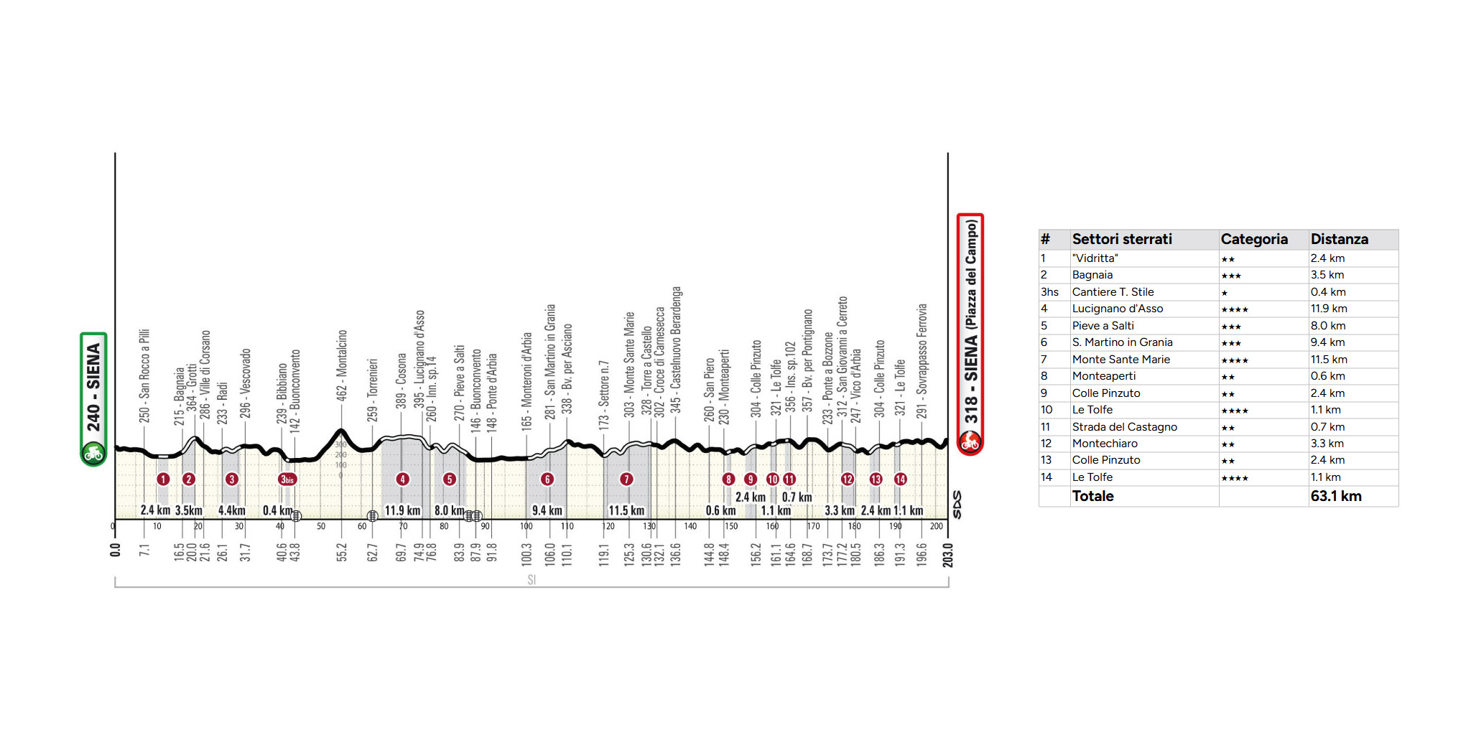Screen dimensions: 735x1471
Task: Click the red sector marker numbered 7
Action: click(x=626, y=479)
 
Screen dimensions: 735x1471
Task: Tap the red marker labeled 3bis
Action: click(x=287, y=479)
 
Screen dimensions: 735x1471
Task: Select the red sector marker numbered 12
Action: click(x=848, y=479)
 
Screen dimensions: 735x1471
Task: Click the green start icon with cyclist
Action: click(x=93, y=453)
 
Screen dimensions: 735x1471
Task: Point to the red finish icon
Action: click(x=970, y=441)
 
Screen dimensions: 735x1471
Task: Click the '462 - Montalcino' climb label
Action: click(x=342, y=365)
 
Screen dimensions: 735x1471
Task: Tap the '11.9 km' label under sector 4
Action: click(x=402, y=510)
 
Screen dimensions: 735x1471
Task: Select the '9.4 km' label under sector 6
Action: click(x=547, y=510)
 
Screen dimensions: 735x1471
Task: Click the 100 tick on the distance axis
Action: click(x=526, y=526)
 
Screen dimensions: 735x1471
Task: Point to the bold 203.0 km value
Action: click(x=948, y=555)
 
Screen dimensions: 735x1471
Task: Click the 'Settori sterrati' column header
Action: click(x=1121, y=239)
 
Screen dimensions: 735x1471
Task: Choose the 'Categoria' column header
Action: click(x=1254, y=239)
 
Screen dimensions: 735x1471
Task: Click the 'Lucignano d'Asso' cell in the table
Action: click(x=1117, y=309)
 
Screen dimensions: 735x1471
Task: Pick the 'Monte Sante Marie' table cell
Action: click(x=1120, y=360)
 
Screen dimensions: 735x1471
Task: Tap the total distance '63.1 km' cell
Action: click(x=1336, y=496)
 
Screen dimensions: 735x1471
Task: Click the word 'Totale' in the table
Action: click(x=1092, y=496)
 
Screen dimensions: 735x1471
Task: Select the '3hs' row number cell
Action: click(x=1049, y=292)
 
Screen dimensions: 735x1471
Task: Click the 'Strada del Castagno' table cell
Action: click(x=1124, y=427)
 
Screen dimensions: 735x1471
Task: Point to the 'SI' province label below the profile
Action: click(x=532, y=580)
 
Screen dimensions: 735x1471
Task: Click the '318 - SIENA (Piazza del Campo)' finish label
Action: click(x=970, y=323)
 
